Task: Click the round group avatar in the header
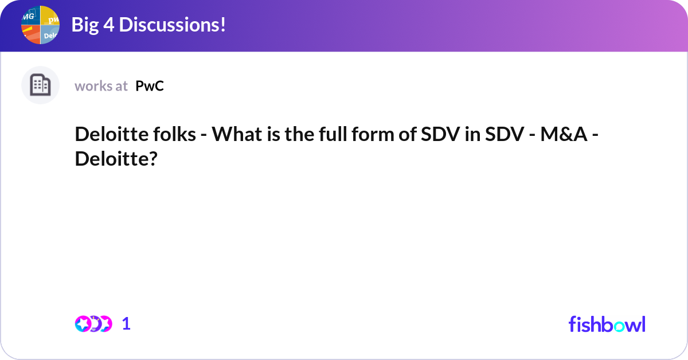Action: click(40, 25)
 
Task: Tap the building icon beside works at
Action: click(40, 85)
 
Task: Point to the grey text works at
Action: click(101, 86)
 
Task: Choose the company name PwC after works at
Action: click(150, 86)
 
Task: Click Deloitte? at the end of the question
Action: click(116, 159)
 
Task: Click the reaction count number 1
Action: click(126, 324)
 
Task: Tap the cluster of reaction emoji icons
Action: click(93, 324)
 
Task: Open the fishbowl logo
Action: click(607, 324)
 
